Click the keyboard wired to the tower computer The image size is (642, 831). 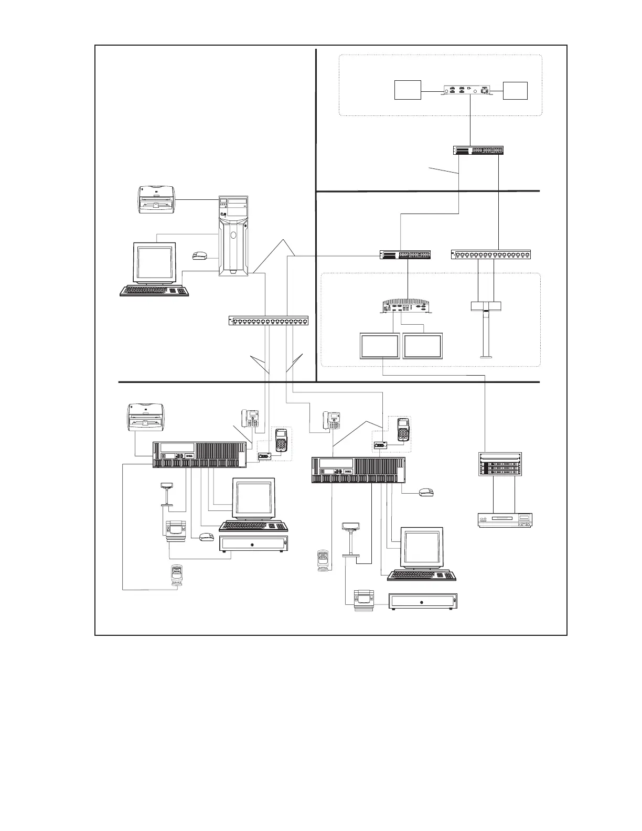click(x=154, y=291)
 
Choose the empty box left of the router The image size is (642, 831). click(x=408, y=90)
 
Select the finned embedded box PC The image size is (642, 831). click(x=408, y=306)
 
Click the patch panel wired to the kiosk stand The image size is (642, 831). click(x=493, y=255)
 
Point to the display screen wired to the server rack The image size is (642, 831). click(x=379, y=346)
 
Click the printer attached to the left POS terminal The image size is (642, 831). click(x=146, y=415)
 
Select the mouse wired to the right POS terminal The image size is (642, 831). click(x=426, y=492)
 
